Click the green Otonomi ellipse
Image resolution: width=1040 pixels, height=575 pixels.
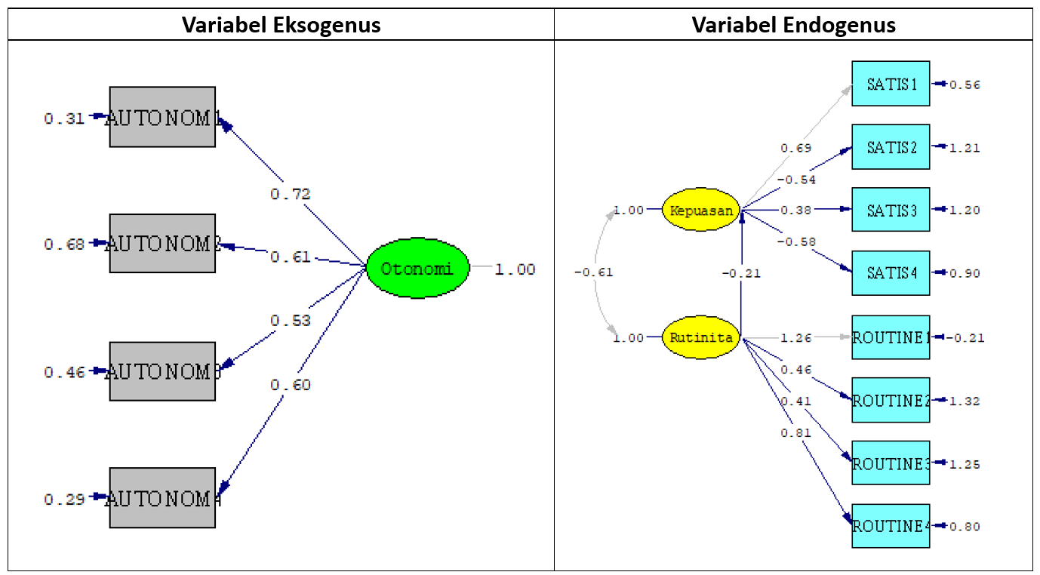pyautogui.click(x=417, y=269)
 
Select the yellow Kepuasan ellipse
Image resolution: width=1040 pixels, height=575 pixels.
pyautogui.click(x=701, y=211)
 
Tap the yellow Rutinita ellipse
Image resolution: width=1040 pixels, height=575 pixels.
pyautogui.click(x=701, y=337)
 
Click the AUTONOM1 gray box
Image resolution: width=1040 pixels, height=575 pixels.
pyautogui.click(x=162, y=117)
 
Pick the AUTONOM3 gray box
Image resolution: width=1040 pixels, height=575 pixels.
pyautogui.click(x=162, y=371)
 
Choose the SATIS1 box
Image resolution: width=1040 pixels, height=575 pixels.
pyautogui.click(x=891, y=84)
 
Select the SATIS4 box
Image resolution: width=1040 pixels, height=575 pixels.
pyautogui.click(x=891, y=273)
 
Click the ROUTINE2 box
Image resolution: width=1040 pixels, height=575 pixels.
pyautogui.click(x=891, y=401)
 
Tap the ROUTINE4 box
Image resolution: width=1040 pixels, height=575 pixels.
pyautogui.click(x=891, y=526)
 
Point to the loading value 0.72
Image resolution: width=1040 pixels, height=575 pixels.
pyautogui.click(x=291, y=195)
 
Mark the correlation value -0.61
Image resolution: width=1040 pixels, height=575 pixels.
pyautogui.click(x=593, y=272)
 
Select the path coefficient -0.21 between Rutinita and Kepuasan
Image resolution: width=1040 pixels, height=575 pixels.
pyautogui.click(x=740, y=273)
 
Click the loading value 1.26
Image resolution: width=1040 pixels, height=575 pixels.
pyautogui.click(x=796, y=337)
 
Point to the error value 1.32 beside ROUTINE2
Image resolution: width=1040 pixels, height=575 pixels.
pyautogui.click(x=965, y=401)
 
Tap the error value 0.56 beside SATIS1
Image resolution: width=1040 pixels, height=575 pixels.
pyautogui.click(x=965, y=85)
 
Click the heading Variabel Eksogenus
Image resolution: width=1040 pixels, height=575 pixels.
pyautogui.click(x=281, y=25)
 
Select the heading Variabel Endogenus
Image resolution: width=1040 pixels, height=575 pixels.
pyautogui.click(x=793, y=25)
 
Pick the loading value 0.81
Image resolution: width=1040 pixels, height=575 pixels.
pyautogui.click(x=796, y=432)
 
